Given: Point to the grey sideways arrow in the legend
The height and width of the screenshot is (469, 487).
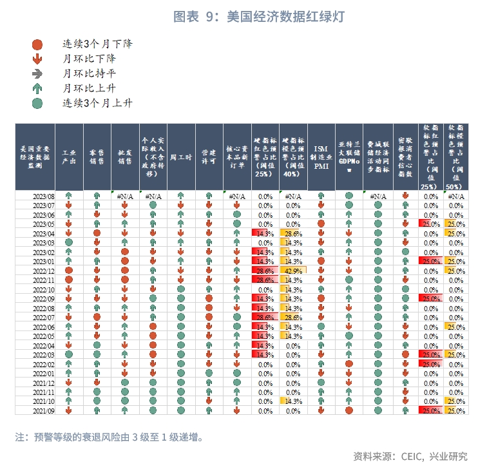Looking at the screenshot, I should tap(37, 74).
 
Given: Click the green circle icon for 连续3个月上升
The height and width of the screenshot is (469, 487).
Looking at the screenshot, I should tap(37, 103).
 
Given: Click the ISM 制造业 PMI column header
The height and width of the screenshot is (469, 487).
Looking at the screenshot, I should tap(321, 157).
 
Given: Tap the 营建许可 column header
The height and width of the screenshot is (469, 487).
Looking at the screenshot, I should tap(209, 157).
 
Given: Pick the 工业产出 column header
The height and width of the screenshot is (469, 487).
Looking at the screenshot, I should tap(68, 157).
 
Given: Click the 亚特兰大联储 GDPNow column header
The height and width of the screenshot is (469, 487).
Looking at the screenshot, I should tap(349, 157).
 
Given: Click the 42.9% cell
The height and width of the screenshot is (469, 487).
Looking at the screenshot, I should tap(293, 271).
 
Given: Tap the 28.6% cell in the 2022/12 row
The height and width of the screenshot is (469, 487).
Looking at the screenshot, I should tap(264, 271).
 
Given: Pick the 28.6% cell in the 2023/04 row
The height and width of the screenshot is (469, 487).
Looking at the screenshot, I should tap(293, 233).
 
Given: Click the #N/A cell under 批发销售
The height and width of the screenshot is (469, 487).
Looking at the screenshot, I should tap(124, 195).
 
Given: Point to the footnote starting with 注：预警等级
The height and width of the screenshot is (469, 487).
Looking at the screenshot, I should tap(110, 437).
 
